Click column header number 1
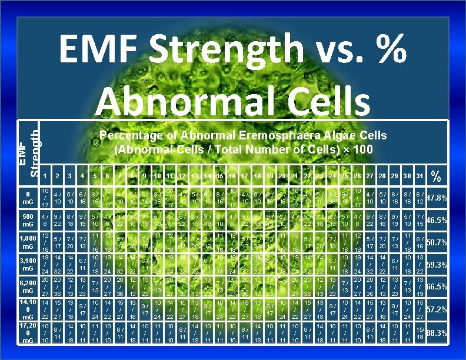[x=45, y=175]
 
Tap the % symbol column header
[x=436, y=175]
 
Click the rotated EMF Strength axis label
[x=29, y=150]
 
